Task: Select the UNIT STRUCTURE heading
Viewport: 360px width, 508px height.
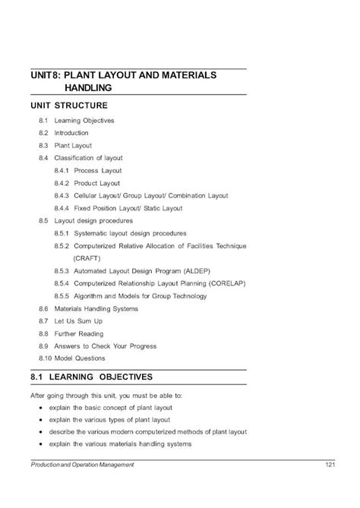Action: [69, 106]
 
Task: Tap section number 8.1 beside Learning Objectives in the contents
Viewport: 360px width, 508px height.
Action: [43, 121]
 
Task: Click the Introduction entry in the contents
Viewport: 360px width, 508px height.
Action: [71, 133]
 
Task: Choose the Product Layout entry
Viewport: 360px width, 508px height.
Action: [97, 183]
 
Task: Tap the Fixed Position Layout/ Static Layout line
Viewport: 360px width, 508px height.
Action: [128, 208]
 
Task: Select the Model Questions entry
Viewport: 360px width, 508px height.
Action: [79, 358]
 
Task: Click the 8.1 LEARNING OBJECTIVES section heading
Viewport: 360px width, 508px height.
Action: [92, 377]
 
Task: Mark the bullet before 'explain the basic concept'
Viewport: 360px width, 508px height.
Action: [40, 408]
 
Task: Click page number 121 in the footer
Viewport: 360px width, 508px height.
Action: [329, 465]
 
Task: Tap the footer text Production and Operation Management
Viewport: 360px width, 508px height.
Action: [82, 465]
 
